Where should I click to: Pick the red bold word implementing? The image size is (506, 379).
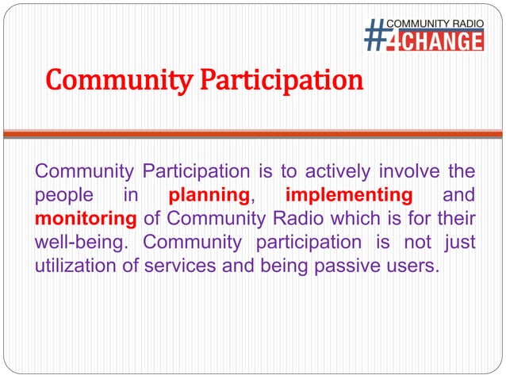click(348, 195)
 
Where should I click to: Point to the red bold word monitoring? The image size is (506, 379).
click(86, 218)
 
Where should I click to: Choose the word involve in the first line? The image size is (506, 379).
click(410, 171)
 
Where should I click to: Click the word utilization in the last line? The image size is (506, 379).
click(76, 265)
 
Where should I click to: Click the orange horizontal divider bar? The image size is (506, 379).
click(252, 134)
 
